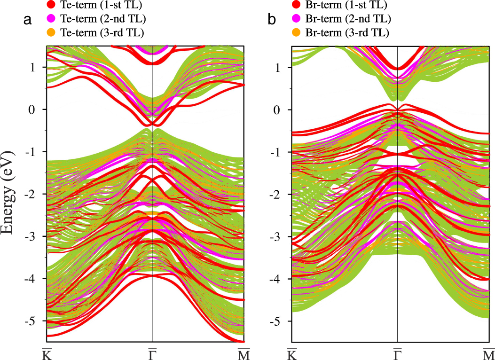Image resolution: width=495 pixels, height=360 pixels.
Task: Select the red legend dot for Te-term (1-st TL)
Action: click(x=51, y=6)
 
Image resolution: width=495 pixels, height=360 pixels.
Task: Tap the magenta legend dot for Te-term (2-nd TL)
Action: click(x=51, y=19)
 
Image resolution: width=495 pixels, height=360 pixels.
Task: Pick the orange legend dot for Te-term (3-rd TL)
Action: click(x=51, y=32)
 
